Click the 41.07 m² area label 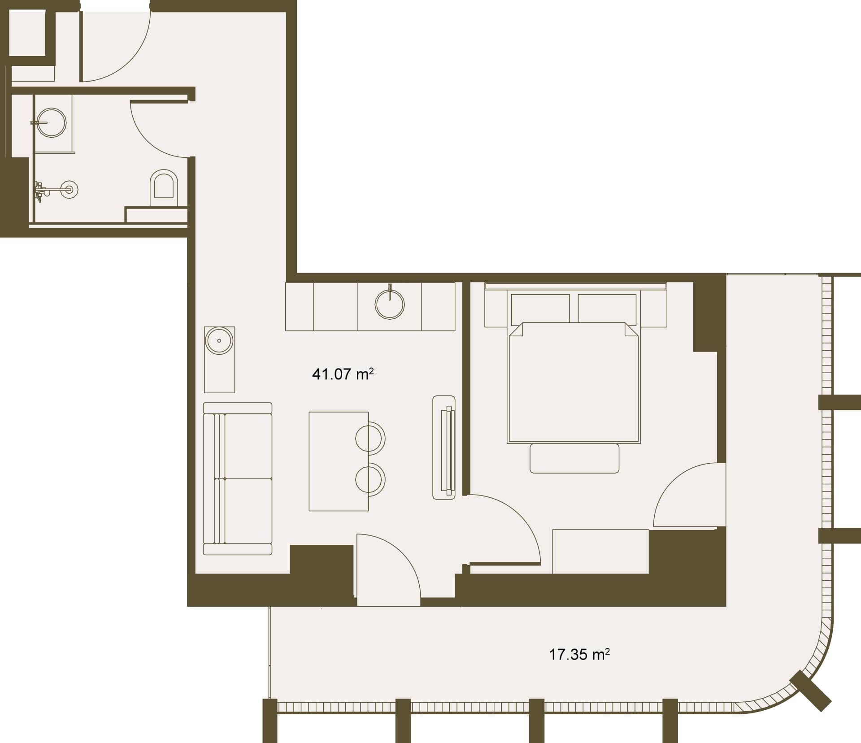tap(343, 374)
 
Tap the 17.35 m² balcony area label tap(579, 654)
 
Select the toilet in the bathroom tap(164, 184)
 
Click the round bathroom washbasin tap(52, 122)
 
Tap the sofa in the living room tap(238, 478)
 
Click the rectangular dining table tap(339, 461)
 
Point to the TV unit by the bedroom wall tap(444, 447)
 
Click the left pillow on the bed tap(540, 308)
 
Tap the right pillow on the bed tap(607, 308)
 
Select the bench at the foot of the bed tap(574, 458)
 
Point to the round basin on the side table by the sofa tap(219, 341)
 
